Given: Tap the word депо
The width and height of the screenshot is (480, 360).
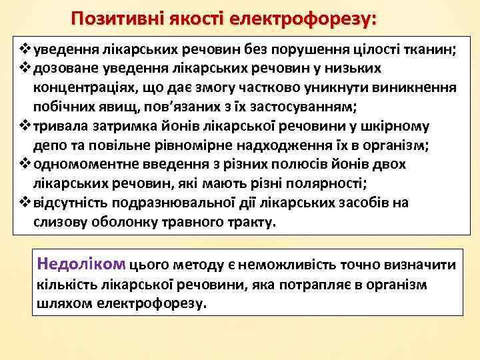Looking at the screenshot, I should pos(47,145).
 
